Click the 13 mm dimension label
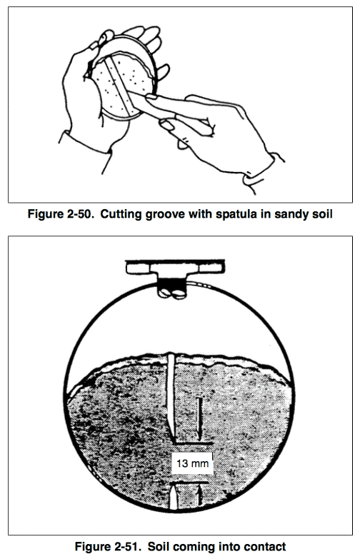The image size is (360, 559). tap(192, 463)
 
